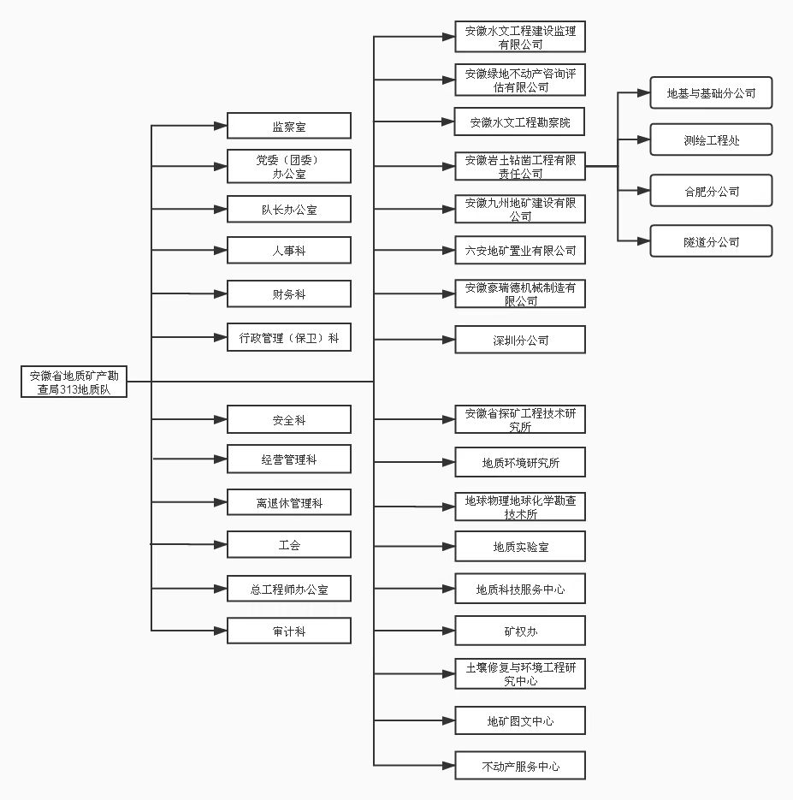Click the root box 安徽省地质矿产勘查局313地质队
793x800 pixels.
click(74, 382)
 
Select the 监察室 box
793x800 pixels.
click(289, 126)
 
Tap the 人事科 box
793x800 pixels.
click(289, 250)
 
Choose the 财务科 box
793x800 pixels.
click(289, 293)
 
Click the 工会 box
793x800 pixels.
click(289, 544)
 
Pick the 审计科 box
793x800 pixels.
click(289, 631)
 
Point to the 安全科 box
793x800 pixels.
click(289, 419)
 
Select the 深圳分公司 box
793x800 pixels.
click(520, 340)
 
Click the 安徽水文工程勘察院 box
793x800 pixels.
click(519, 121)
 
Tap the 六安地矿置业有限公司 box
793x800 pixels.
click(520, 250)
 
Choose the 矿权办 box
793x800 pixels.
click(520, 631)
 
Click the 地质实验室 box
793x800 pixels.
click(520, 547)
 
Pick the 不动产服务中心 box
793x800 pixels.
click(520, 765)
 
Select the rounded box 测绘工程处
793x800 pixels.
click(712, 139)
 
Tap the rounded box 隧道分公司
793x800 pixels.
click(712, 240)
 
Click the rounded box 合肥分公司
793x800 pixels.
click(712, 191)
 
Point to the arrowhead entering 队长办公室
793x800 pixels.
click(221, 209)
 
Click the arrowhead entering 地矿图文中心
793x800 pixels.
click(448, 720)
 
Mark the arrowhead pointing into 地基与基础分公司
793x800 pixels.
click(643, 93)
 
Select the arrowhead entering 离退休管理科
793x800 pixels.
click(221, 502)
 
